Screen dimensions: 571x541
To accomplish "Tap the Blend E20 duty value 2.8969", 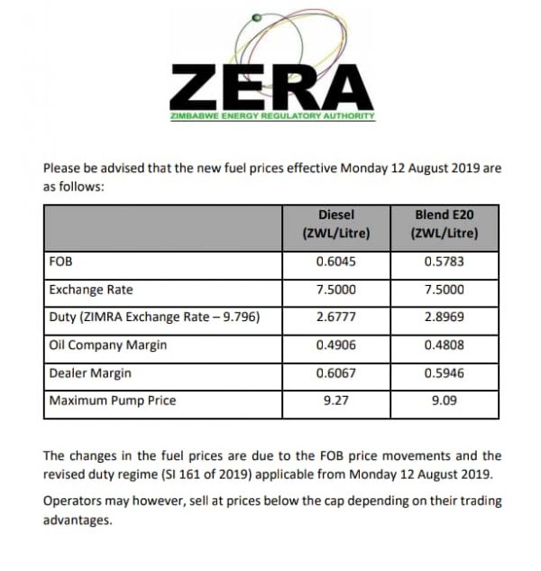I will point(444,318).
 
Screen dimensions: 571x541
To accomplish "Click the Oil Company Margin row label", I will point(108,345).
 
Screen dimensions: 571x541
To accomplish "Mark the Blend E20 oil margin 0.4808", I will point(444,345).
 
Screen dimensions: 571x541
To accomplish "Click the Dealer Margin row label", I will point(91,373).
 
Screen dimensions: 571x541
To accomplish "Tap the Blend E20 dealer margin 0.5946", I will point(444,373).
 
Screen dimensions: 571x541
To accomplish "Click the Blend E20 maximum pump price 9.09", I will point(444,401).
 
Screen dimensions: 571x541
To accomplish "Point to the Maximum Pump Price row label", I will point(113,401).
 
